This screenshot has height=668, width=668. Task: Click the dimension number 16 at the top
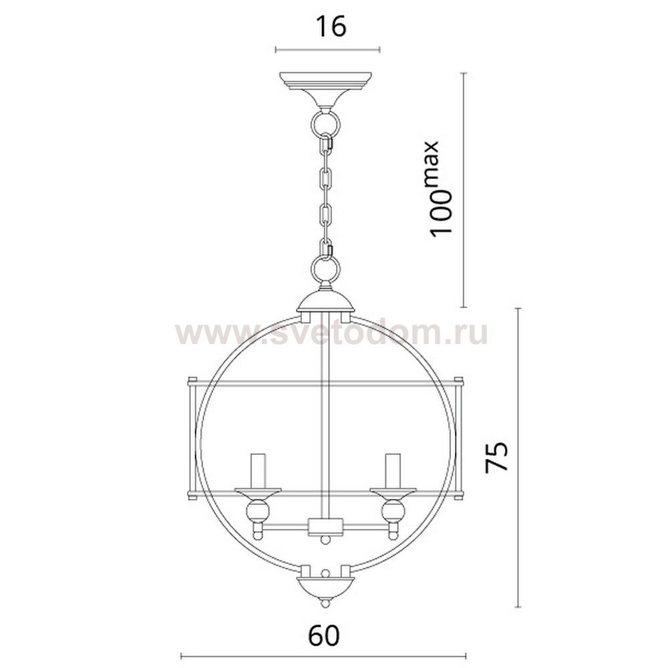click(331, 27)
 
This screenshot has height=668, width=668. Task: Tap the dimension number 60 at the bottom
click(324, 636)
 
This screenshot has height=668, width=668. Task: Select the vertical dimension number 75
click(497, 456)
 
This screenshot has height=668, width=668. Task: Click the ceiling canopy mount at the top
click(325, 90)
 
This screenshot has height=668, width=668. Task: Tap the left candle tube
click(258, 471)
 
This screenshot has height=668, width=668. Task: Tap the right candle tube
click(393, 471)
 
